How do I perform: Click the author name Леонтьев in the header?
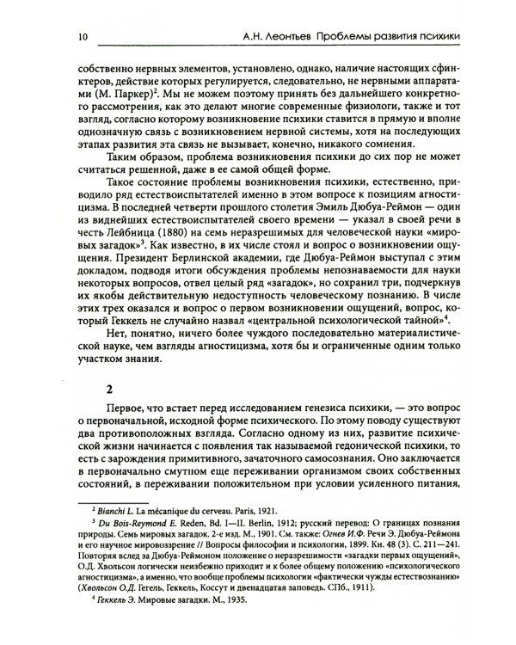[x=274, y=36]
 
